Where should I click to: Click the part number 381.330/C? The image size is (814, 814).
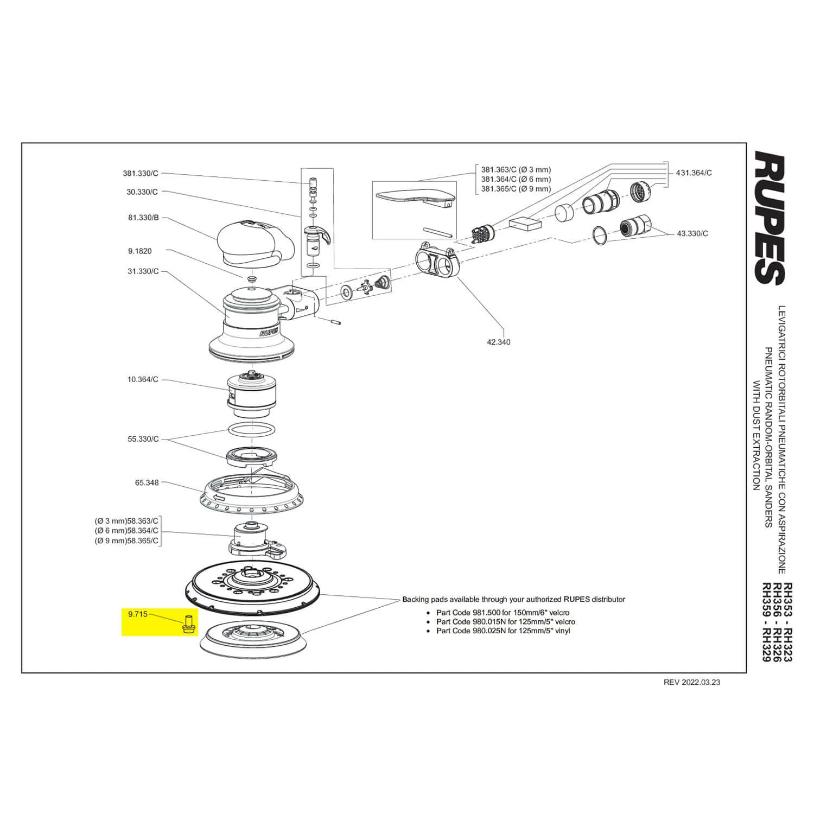(141, 174)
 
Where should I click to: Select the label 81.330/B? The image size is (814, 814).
(143, 218)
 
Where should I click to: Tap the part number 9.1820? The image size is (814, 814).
(140, 251)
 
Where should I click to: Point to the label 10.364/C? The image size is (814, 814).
(143, 379)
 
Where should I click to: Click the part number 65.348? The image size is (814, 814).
(147, 482)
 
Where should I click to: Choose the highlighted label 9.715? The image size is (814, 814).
(137, 614)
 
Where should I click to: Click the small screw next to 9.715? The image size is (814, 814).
(189, 624)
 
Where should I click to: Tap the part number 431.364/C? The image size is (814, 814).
(694, 173)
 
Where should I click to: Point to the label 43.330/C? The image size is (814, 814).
(692, 233)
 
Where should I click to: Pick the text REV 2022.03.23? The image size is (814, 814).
(692, 682)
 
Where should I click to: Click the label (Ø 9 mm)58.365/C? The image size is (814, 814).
(126, 541)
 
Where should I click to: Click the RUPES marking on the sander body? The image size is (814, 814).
(269, 332)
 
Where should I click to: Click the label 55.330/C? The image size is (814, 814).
(143, 439)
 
